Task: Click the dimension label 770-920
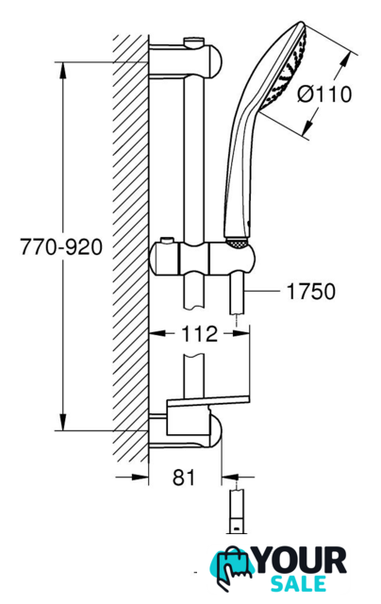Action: click(61, 247)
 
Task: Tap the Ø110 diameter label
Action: click(324, 94)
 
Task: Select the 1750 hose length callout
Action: click(311, 292)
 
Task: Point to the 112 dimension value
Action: click(199, 333)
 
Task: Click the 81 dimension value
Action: click(184, 478)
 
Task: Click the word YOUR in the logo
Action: click(301, 562)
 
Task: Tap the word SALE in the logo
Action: click(298, 583)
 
